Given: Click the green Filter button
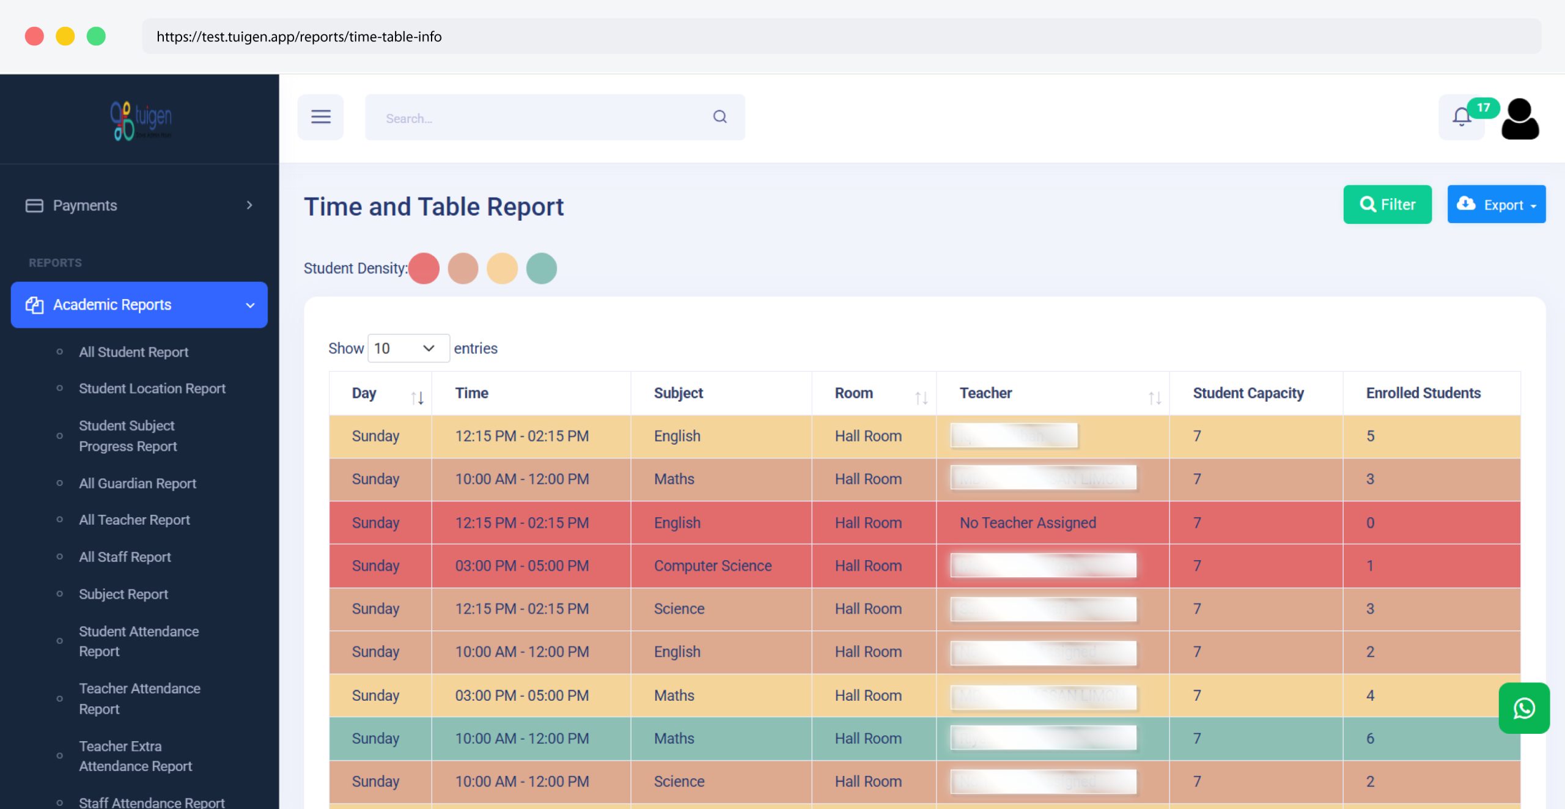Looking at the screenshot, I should tap(1386, 204).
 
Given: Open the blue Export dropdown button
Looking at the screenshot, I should tap(1495, 204).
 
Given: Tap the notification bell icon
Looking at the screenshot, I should tap(1461, 117).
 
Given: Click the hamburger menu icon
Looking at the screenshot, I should tap(320, 117).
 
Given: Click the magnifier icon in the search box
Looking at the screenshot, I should tap(720, 117).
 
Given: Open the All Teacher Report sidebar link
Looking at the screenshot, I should tap(134, 520).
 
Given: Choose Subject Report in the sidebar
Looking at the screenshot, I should tap(123, 594).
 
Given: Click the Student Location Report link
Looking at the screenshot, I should tap(152, 388).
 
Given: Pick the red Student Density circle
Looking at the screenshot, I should tap(424, 268).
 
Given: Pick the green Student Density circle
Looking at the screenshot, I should tap(541, 268).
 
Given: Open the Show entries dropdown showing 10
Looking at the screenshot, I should tap(408, 348).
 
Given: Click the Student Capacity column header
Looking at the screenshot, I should tap(1248, 393).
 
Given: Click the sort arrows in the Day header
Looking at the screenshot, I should tap(417, 398).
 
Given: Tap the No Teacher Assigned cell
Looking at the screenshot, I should tap(1027, 523).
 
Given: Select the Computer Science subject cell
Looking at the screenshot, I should tap(712, 566).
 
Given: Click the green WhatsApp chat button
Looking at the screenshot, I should tap(1523, 708).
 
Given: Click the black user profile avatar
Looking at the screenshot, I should tap(1520, 119).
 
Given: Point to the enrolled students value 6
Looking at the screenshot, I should tap(1370, 739).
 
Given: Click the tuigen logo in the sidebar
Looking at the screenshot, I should tap(141, 120).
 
